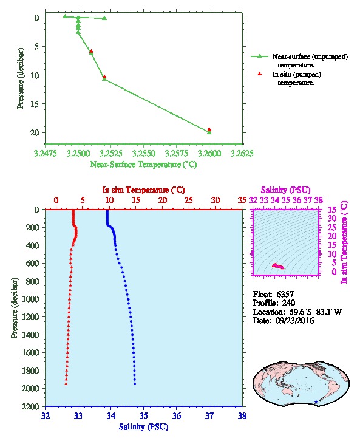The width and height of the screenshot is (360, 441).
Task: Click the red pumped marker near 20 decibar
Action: (209, 129)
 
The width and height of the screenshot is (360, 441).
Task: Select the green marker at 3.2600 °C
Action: (209, 132)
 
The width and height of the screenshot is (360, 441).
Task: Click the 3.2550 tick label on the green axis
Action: (144, 153)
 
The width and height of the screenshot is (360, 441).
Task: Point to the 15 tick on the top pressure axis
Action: (35, 104)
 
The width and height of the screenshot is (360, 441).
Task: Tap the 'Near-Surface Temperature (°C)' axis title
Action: (143, 164)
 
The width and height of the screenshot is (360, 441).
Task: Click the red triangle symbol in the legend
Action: (260, 73)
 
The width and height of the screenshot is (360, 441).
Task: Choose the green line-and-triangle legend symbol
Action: (260, 56)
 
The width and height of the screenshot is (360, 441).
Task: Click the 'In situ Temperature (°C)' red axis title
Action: (143, 190)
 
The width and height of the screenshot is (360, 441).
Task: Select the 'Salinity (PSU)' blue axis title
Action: (143, 426)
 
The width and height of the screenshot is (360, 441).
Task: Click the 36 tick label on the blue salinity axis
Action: (177, 415)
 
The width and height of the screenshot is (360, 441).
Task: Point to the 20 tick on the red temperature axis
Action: (163, 200)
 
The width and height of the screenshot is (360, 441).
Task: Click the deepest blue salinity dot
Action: (135, 384)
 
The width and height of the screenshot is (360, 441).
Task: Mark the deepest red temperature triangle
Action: (66, 383)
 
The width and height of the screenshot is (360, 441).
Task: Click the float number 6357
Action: (285, 295)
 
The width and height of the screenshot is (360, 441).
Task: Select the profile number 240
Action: (288, 303)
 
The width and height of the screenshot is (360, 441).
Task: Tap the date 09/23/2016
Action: (294, 320)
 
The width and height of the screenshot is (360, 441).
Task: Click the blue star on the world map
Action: (316, 402)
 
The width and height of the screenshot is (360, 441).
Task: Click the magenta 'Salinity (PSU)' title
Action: (285, 190)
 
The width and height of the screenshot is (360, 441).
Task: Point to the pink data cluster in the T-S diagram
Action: (278, 266)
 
